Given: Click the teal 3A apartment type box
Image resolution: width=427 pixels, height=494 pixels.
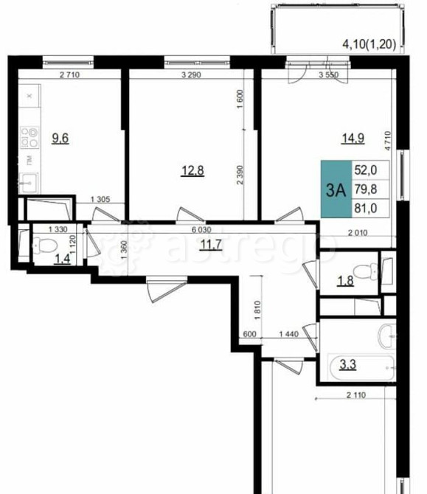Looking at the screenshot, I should click(336, 189).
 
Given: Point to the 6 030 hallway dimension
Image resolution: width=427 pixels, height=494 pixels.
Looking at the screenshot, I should click(204, 230).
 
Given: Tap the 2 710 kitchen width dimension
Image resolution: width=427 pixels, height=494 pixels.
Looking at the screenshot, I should click(69, 75).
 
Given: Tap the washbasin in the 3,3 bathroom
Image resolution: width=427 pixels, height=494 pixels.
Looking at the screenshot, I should click(387, 338).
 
